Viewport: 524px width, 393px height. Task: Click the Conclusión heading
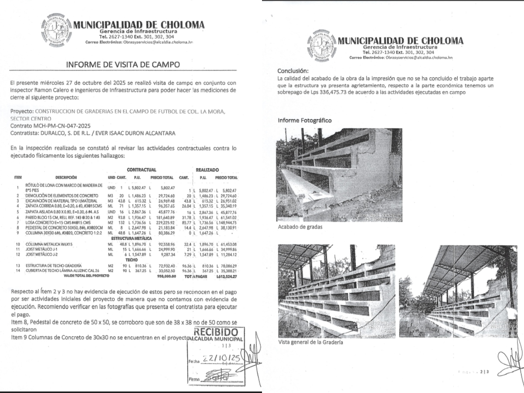point(293,70)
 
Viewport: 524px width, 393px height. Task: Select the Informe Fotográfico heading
point(304,120)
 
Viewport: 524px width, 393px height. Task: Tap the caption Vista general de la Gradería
point(310,342)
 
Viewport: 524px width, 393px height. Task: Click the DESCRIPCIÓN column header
point(66,178)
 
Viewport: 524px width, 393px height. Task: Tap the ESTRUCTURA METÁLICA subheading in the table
point(131,238)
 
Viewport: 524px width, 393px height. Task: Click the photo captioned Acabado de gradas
point(340,175)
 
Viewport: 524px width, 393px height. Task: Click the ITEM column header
point(18,178)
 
